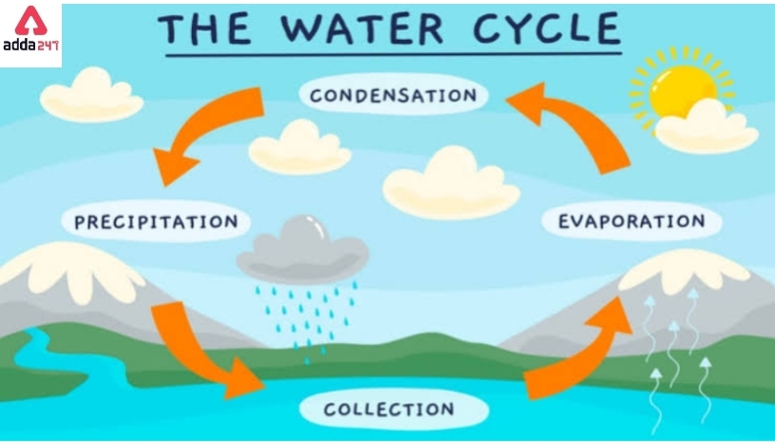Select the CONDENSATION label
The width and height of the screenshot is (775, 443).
[x=393, y=96]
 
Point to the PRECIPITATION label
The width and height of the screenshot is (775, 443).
[x=156, y=222]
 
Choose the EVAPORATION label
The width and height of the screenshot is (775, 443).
[x=630, y=222]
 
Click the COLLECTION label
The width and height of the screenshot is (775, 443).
[x=389, y=410]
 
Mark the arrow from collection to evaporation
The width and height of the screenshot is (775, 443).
[x=580, y=351]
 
